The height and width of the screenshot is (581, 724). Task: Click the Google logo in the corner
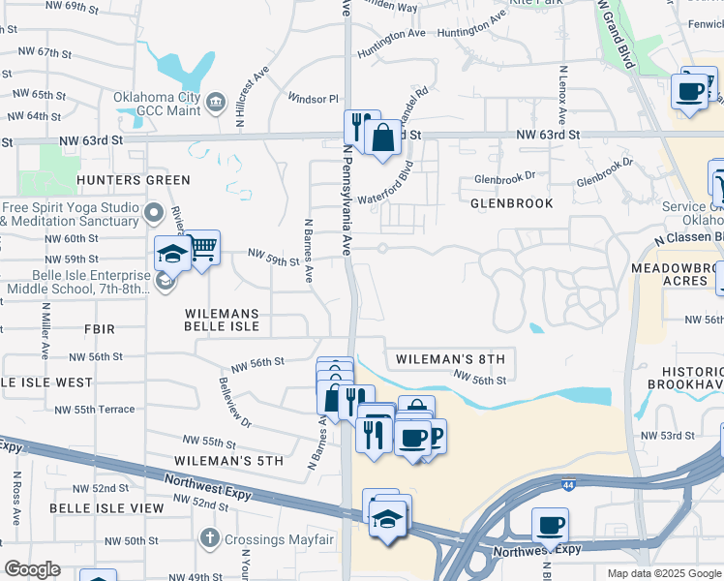pos(33,569)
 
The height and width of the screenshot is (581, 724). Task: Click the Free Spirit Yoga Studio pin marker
pos(153,212)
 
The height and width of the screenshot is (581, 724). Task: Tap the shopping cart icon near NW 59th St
pos(201,249)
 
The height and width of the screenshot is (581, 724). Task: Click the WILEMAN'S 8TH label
pos(450,359)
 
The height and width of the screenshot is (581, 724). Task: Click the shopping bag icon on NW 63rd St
pos(383,138)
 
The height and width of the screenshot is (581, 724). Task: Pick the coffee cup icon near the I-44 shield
pos(550,525)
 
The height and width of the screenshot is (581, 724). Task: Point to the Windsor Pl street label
pos(314,99)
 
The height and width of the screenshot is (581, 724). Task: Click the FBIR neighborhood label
pos(99,329)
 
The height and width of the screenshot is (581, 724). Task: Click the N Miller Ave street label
pos(45,329)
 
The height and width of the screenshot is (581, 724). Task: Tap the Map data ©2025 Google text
pos(663,573)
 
